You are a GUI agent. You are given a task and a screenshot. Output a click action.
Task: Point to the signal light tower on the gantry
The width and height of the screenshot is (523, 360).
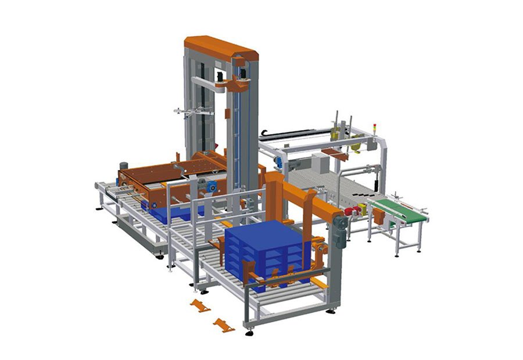point(374,128)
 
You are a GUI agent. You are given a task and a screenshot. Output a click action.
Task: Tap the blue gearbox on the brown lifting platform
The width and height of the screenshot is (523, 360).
point(210,188)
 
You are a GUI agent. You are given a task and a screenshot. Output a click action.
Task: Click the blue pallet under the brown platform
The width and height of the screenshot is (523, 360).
point(169,214)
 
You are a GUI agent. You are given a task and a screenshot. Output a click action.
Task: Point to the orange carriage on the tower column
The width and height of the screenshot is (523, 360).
point(235,85)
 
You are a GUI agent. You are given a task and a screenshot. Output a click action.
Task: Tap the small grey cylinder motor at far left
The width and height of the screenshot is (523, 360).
point(123,167)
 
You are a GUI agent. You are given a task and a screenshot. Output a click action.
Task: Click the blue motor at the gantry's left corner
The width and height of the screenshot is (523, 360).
point(278,163)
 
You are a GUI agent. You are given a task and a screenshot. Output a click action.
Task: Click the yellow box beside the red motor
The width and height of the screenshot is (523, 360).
point(363,208)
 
